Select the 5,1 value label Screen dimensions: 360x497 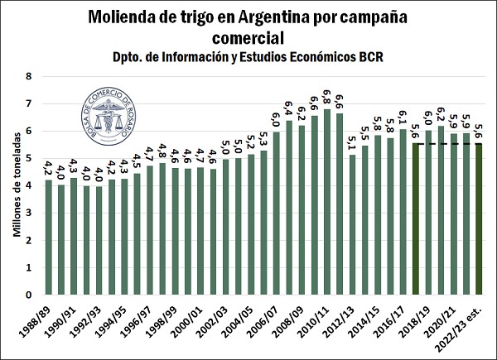(x=352, y=146)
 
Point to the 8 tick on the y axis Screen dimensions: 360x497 (x=29, y=76)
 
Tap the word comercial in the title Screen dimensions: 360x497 (x=248, y=37)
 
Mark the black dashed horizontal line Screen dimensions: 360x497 (x=447, y=143)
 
